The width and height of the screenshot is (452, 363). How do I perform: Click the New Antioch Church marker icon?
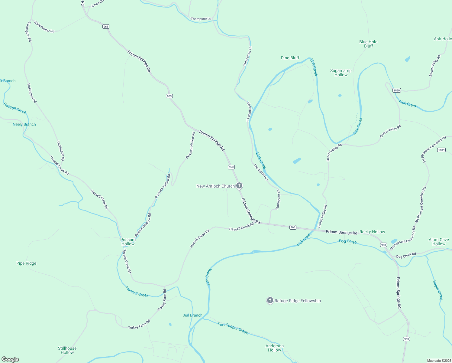239,185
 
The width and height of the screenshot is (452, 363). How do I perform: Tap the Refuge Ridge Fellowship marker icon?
270,300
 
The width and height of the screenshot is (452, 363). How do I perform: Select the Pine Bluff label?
290,58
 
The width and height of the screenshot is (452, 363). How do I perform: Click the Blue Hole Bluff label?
368,44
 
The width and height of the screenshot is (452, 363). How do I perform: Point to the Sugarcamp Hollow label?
341,73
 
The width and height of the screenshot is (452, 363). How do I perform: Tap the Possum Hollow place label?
128,242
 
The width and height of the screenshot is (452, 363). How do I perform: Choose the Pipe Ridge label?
26,263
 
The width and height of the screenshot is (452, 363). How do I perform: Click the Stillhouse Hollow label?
67,350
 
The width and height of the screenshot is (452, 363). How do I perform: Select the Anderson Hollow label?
275,348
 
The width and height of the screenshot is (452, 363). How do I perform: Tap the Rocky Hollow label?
372,232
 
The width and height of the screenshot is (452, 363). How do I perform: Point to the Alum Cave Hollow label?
439,242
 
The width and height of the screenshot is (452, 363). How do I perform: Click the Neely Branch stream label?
24,124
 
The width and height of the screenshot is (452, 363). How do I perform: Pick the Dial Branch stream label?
192,315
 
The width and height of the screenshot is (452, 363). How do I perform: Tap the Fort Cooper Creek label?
233,329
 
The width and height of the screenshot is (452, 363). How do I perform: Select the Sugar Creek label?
438,290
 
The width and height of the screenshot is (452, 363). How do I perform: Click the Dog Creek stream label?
348,242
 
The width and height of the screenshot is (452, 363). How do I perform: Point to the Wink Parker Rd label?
44,27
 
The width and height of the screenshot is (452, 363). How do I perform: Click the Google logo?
10,359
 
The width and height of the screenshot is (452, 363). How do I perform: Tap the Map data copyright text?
438,361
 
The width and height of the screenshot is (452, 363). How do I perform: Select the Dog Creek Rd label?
406,255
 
